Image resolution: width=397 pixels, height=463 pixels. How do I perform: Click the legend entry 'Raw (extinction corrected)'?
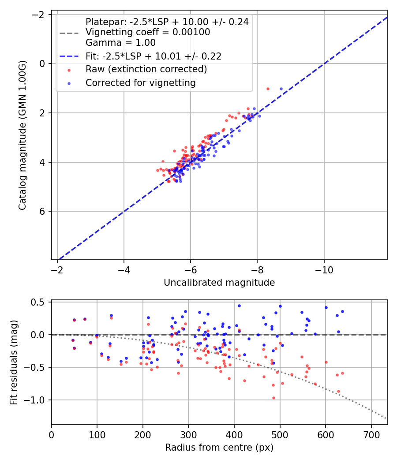click(146, 69)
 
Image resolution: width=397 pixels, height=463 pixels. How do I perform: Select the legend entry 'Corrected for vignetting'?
click(140, 82)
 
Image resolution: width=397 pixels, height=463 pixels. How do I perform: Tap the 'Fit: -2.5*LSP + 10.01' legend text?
click(153, 56)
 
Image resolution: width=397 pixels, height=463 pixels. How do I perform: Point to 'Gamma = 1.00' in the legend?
click(120, 43)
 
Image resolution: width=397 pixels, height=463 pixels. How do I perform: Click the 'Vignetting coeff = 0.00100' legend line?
click(148, 32)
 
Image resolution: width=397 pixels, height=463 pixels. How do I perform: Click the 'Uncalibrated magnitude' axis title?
click(219, 283)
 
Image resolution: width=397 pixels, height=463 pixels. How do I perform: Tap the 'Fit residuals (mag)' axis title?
click(14, 362)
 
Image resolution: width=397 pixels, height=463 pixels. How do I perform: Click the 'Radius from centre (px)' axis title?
click(219, 448)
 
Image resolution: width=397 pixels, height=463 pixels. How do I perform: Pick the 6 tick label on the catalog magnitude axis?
click(43, 211)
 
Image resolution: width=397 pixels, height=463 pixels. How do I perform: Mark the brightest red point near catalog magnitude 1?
click(268, 89)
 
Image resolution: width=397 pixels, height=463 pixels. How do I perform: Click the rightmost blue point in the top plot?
click(281, 89)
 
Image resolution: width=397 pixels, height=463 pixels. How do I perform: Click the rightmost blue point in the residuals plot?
click(342, 311)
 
